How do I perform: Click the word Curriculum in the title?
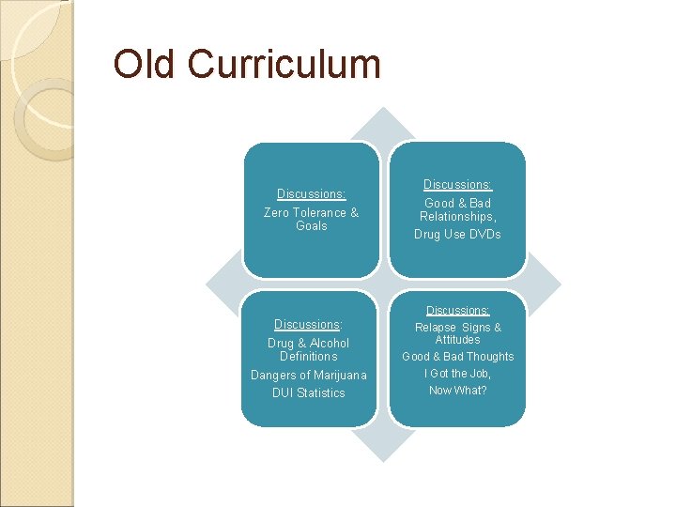point(284,64)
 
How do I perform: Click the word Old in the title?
point(146,64)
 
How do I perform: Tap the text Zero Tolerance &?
point(311,212)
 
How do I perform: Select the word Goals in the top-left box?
point(311,226)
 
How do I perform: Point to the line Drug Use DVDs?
point(457,234)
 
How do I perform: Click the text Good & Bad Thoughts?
point(457,357)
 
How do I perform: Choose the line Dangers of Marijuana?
point(308,376)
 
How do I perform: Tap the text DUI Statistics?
point(308,393)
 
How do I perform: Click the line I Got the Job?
point(457,374)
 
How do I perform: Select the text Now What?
point(457,391)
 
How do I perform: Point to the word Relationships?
point(456,217)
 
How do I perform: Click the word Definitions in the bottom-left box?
point(308,357)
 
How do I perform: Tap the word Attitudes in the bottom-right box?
point(457,340)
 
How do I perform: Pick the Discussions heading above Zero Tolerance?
point(311,194)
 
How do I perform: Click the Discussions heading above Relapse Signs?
point(457,311)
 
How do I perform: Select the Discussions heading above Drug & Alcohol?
point(308,325)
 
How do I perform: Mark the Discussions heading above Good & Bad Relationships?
point(457,185)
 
